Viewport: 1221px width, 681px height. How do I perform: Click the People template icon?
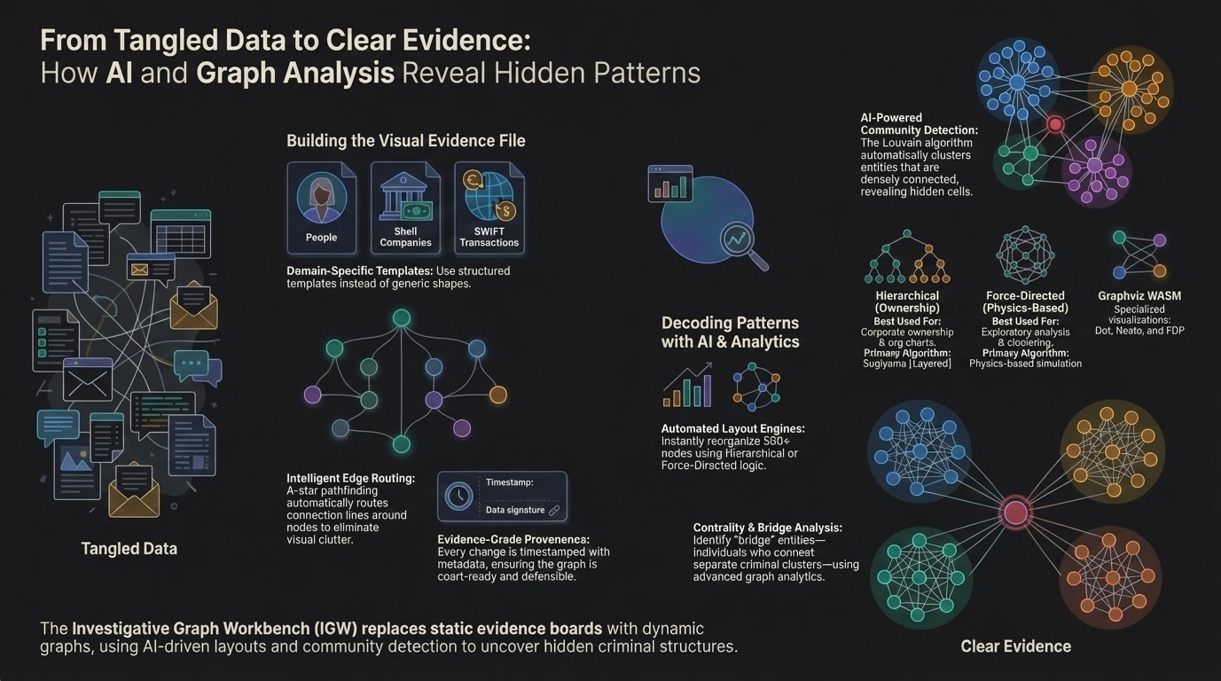tap(321, 200)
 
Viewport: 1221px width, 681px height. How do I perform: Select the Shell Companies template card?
tap(405, 207)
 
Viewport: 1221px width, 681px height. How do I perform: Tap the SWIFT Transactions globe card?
tap(489, 207)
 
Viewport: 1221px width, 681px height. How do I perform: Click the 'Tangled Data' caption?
tap(129, 549)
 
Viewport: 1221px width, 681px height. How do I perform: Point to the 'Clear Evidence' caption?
tap(1015, 646)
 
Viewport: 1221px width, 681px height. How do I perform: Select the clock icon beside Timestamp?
tap(459, 496)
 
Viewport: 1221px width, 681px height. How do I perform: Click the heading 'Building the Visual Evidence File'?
tap(405, 141)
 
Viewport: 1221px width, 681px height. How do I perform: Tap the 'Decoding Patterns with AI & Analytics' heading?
tap(730, 333)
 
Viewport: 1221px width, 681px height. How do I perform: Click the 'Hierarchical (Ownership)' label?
tap(906, 301)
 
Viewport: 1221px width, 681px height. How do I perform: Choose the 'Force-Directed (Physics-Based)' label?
tap(1025, 301)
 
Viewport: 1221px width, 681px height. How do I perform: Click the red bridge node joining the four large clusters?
tap(1015, 512)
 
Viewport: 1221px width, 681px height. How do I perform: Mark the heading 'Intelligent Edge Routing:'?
tap(350, 479)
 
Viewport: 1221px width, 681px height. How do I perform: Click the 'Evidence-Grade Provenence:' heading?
tap(513, 539)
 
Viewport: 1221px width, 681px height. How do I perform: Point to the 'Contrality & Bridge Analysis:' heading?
tap(767, 528)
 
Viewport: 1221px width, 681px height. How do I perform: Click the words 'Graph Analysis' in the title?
tap(294, 73)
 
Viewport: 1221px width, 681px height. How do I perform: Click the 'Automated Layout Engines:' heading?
tap(732, 429)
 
